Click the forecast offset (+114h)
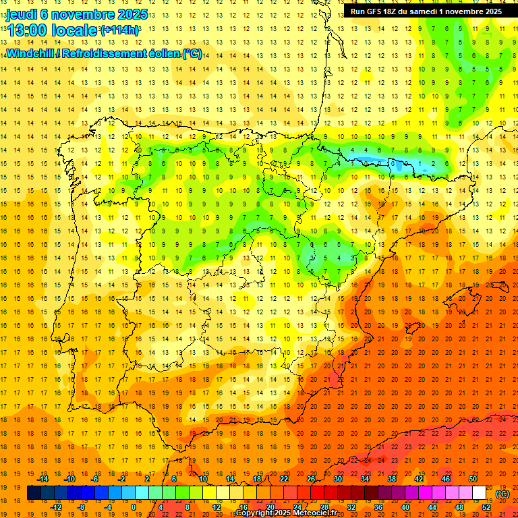[119, 30]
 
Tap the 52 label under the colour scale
[486, 507]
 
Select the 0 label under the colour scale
[134, 507]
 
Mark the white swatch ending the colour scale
[480, 493]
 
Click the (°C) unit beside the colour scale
[502, 494]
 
